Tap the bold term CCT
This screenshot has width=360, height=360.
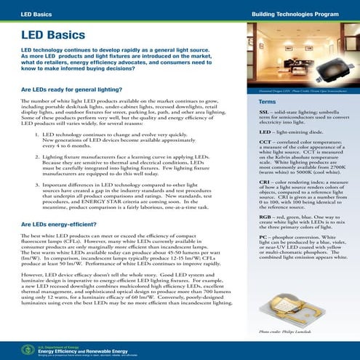click(265, 144)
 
